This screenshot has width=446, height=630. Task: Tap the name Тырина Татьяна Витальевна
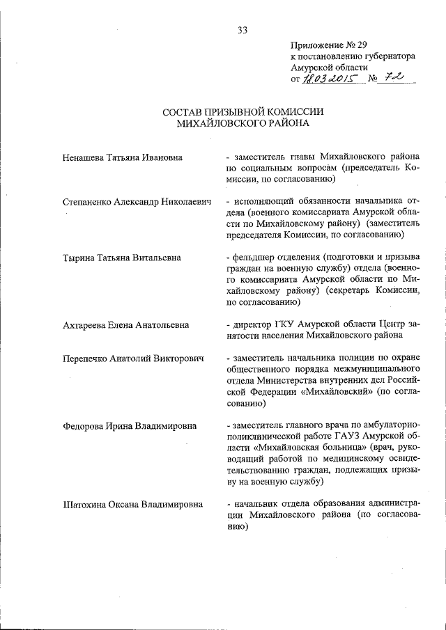(122, 258)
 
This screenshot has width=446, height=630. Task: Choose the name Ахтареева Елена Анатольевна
(126, 325)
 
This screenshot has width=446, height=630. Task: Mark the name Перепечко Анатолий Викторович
(132, 358)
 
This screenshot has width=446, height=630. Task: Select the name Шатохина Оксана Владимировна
(132, 504)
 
